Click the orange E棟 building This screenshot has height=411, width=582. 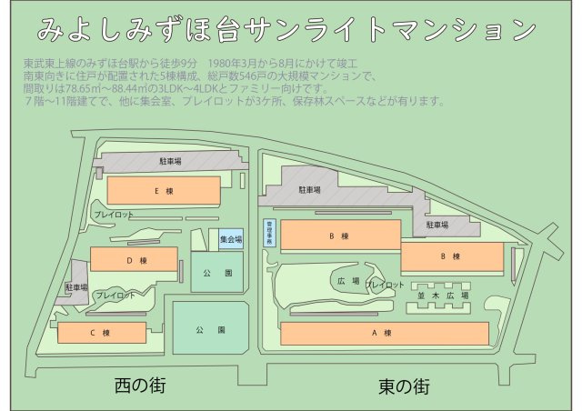[x=164, y=191]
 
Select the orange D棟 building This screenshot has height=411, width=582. [x=134, y=260]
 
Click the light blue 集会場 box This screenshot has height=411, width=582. [x=231, y=240]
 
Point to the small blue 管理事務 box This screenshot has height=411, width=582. [x=269, y=233]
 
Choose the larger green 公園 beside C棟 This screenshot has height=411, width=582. [x=210, y=328]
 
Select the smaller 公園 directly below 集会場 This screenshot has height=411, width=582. [x=216, y=272]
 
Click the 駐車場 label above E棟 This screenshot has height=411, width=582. [x=170, y=162]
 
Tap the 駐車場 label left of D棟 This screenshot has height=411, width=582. [x=76, y=287]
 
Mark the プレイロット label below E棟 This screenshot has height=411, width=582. [x=114, y=215]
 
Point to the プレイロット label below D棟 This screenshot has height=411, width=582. [x=115, y=296]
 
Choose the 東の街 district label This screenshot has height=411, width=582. [x=404, y=386]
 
